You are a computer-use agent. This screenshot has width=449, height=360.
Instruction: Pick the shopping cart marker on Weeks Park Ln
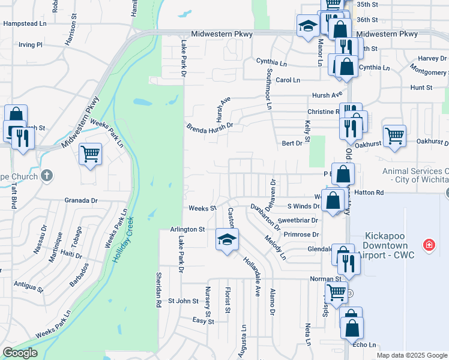pyautogui.click(x=90, y=154)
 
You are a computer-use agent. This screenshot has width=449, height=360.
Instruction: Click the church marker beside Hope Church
pyautogui.click(x=47, y=176)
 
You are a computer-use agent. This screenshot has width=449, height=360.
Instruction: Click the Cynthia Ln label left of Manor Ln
pyautogui.click(x=271, y=62)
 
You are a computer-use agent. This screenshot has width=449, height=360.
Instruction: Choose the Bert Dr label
pyautogui.click(x=292, y=143)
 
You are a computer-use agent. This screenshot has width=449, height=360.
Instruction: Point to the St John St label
pyautogui.click(x=182, y=301)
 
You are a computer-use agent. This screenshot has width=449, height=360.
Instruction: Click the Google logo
pyautogui.click(x=20, y=353)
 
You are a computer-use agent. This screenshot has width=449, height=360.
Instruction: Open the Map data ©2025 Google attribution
pyautogui.click(x=412, y=355)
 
